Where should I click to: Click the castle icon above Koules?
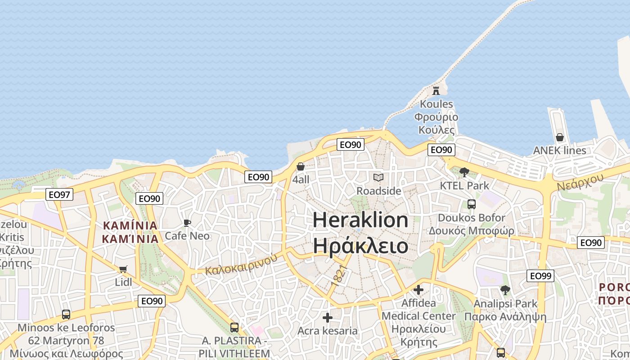pos(436,90)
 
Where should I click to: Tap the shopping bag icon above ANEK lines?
pos(559,137)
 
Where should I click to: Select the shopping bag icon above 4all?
pos(301,166)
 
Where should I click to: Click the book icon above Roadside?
pos(378,178)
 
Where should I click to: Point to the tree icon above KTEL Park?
pos(464,172)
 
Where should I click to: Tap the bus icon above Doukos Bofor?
pos(471,204)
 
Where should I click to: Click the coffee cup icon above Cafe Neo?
pos(187,223)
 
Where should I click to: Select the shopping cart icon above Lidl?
pos(123,269)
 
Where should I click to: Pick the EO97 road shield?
pos(59,195)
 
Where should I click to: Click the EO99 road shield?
pos(540,276)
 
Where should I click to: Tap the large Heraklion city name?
pos(360,220)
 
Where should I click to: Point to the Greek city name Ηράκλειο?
pos(360,246)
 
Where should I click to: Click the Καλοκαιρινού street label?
pos(241,265)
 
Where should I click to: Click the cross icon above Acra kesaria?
pos(328,318)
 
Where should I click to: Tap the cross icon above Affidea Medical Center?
pos(418,290)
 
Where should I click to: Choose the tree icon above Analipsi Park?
pos(505,290)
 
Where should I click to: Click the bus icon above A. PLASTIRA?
pos(234,327)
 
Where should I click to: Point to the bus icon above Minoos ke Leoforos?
pos(66,314)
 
